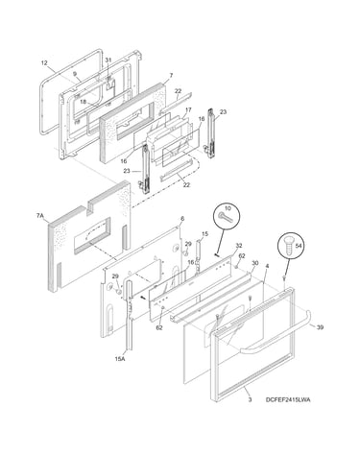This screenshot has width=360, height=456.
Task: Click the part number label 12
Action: coord(44,62)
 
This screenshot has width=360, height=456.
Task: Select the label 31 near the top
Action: coord(108,60)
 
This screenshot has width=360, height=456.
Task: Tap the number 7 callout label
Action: coord(171,75)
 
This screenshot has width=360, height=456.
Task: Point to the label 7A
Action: coord(39,216)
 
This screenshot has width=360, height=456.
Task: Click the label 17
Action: coord(188,109)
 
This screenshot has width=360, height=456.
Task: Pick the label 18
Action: coord(83,102)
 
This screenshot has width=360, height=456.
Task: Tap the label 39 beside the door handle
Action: coord(320,327)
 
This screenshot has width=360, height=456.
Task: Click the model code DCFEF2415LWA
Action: coord(288,399)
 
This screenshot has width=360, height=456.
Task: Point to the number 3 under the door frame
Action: coord(250,399)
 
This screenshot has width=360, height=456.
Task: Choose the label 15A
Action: coord(120,359)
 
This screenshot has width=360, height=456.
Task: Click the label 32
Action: coord(239,246)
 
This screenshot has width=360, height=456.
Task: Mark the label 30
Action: coord(254,263)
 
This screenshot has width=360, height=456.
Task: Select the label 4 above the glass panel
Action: coord(268,266)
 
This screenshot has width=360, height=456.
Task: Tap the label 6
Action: coord(182,219)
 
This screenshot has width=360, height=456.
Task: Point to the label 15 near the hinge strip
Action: coord(204,234)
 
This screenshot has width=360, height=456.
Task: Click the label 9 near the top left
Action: coord(75,74)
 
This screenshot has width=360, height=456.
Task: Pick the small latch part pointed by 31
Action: coord(109,84)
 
